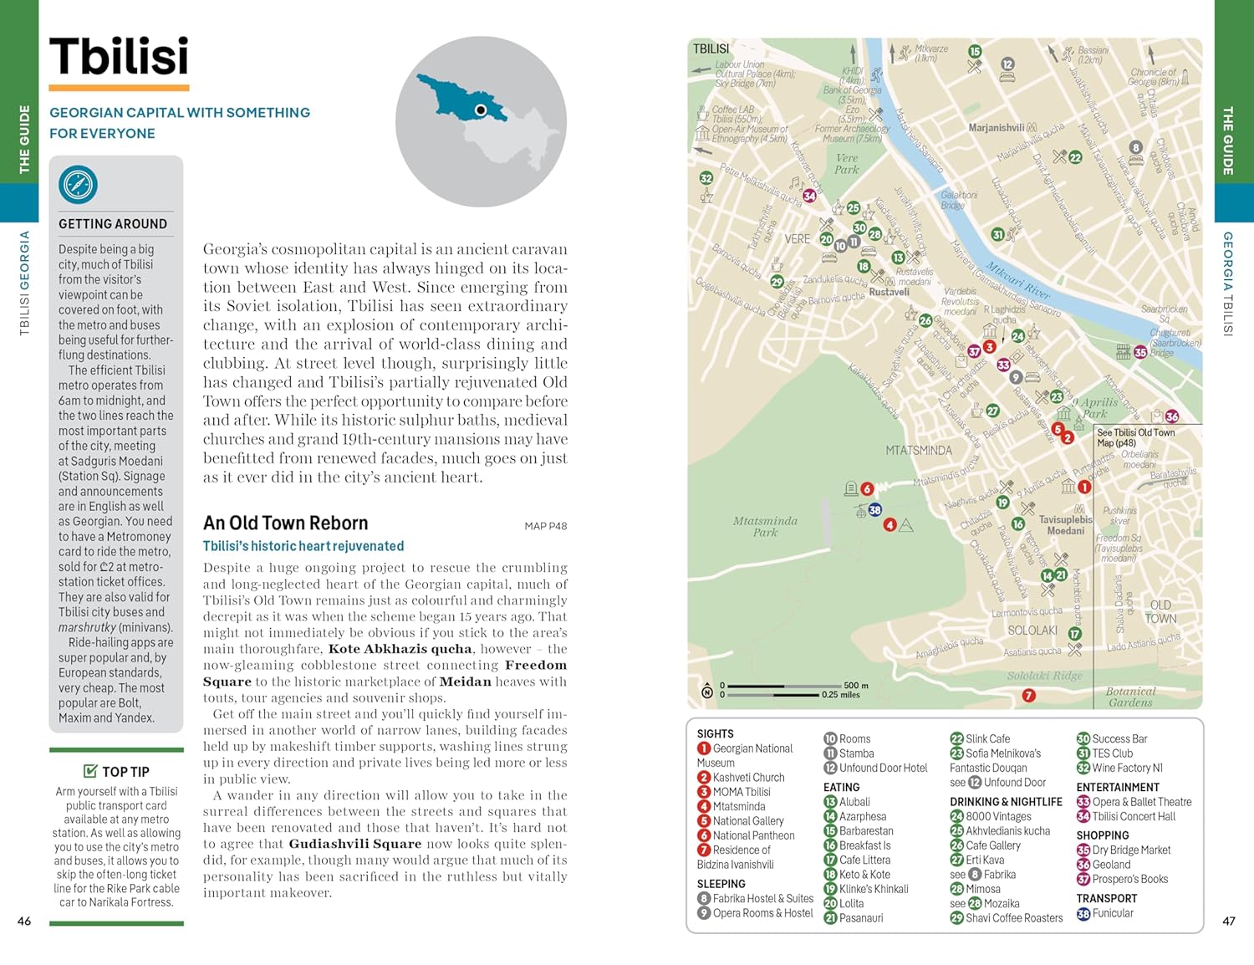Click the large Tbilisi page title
click(x=119, y=57)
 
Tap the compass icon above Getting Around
click(x=78, y=184)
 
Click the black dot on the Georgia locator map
click(x=481, y=110)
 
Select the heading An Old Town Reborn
click(x=285, y=523)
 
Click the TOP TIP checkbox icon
click(x=90, y=771)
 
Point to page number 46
click(x=24, y=921)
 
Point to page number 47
click(x=1228, y=921)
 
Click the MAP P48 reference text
click(x=545, y=526)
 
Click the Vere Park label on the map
click(x=846, y=163)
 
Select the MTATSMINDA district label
click(x=918, y=451)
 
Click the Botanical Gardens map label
click(x=1130, y=697)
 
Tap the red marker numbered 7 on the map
click(x=1029, y=695)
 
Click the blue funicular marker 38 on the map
click(x=874, y=509)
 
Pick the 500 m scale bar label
click(x=856, y=685)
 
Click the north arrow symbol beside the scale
click(x=707, y=691)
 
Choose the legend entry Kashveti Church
click(x=748, y=778)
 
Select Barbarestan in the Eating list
click(x=866, y=831)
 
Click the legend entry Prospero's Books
click(x=1129, y=879)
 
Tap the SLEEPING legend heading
click(x=721, y=884)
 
